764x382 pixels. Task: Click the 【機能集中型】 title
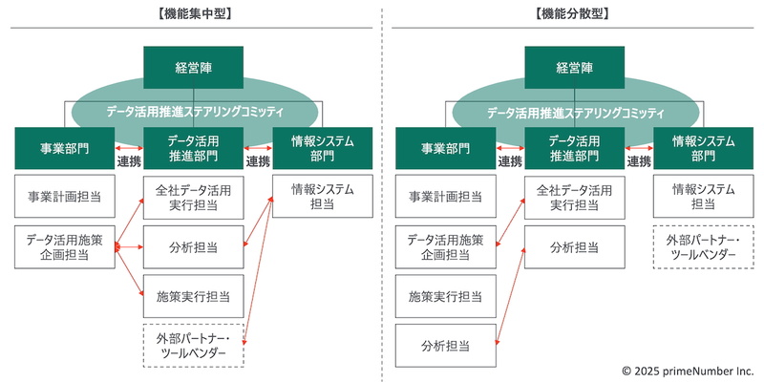[x=194, y=14]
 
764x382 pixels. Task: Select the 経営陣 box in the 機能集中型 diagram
[x=194, y=68]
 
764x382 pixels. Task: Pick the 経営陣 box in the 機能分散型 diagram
[x=576, y=68]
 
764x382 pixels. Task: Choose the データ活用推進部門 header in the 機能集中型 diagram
[x=194, y=148]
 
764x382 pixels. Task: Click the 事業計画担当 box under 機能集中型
[x=64, y=197]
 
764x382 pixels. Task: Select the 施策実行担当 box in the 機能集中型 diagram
[x=194, y=296]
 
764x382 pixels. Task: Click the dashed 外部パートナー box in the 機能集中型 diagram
[x=194, y=346]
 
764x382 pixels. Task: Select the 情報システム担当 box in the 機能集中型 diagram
[x=322, y=197]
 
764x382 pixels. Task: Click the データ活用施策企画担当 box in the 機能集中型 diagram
[x=64, y=246]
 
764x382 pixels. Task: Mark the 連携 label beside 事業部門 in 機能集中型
[x=129, y=161]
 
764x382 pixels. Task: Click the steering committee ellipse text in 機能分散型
[x=576, y=113]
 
